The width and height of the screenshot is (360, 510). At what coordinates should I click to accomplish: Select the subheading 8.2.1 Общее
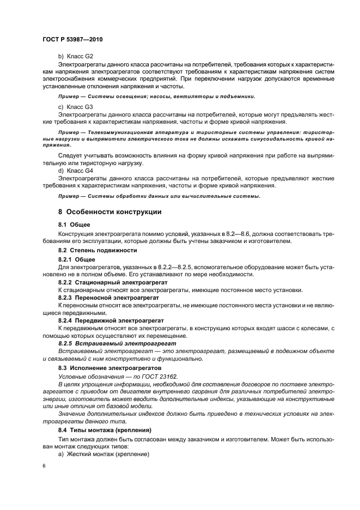(77, 259)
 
